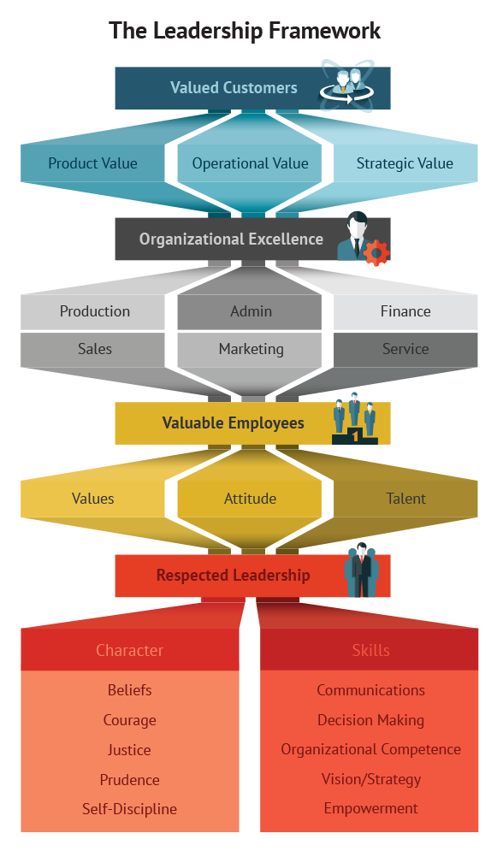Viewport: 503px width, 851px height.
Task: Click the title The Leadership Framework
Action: pyautogui.click(x=245, y=31)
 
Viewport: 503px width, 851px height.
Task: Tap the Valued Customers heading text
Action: pyautogui.click(x=234, y=88)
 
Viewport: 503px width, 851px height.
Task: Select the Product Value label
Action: pyautogui.click(x=92, y=163)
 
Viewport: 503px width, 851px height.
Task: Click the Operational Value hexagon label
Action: pyautogui.click(x=250, y=163)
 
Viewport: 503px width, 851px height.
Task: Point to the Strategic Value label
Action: pyautogui.click(x=405, y=163)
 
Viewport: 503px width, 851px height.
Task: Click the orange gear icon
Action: pyautogui.click(x=376, y=252)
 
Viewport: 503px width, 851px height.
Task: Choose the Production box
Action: pyautogui.click(x=92, y=311)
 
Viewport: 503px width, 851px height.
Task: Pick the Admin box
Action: pyautogui.click(x=250, y=311)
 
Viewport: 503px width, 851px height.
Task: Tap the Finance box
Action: pyautogui.click(x=405, y=311)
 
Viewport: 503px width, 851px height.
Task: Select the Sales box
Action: pyautogui.click(x=92, y=350)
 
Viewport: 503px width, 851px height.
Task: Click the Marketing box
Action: pyautogui.click(x=250, y=350)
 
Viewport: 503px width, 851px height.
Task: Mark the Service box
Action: pyautogui.click(x=405, y=350)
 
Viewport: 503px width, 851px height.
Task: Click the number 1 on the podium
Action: pyautogui.click(x=355, y=435)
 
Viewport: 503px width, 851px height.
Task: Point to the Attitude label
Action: pyautogui.click(x=250, y=499)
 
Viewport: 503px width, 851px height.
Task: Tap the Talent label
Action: pyautogui.click(x=405, y=499)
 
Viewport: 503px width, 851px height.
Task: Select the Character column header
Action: pyautogui.click(x=130, y=650)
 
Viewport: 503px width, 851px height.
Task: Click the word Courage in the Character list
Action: pyautogui.click(x=130, y=720)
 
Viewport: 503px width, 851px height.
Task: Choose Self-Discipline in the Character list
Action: pyautogui.click(x=130, y=809)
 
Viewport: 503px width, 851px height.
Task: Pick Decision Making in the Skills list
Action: pyautogui.click(x=370, y=720)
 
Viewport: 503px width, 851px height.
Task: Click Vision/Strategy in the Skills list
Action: pyautogui.click(x=371, y=779)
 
